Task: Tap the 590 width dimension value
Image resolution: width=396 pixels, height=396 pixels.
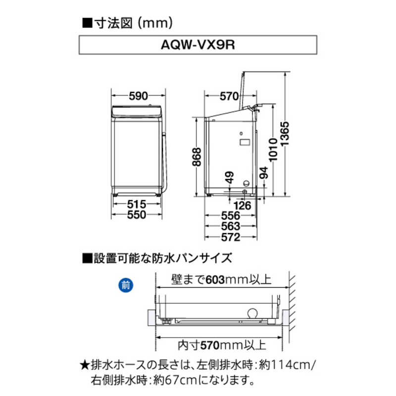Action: (138, 97)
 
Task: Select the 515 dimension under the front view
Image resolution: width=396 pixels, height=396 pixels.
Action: (137, 204)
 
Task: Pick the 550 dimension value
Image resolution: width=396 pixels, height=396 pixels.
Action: (137, 215)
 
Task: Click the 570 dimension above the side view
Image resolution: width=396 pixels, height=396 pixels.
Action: (222, 97)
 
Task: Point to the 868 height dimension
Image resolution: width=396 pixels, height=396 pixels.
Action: (197, 158)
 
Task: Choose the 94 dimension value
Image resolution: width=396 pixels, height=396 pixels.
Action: (263, 173)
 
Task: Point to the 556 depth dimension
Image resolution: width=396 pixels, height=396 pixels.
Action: (231, 216)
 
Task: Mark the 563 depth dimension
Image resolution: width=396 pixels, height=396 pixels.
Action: (231, 226)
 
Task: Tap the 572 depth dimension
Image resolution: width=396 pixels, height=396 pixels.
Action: (231, 237)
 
